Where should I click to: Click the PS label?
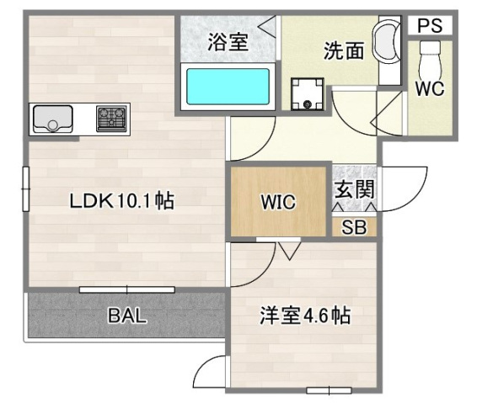[x=430, y=26]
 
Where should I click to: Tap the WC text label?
[x=430, y=87]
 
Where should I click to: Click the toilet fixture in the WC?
[x=430, y=56]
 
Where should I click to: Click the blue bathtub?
[x=228, y=85]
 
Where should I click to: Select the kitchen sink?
[x=53, y=119]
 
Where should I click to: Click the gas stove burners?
[x=112, y=118]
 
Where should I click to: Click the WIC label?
[x=277, y=202]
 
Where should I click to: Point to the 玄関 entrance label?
[x=353, y=189]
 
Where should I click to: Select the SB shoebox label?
[x=353, y=226]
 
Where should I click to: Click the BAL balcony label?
[x=127, y=316]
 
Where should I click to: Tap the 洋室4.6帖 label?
[x=304, y=316]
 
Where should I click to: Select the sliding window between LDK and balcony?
[x=126, y=289]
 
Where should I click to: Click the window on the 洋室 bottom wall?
[x=330, y=390]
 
